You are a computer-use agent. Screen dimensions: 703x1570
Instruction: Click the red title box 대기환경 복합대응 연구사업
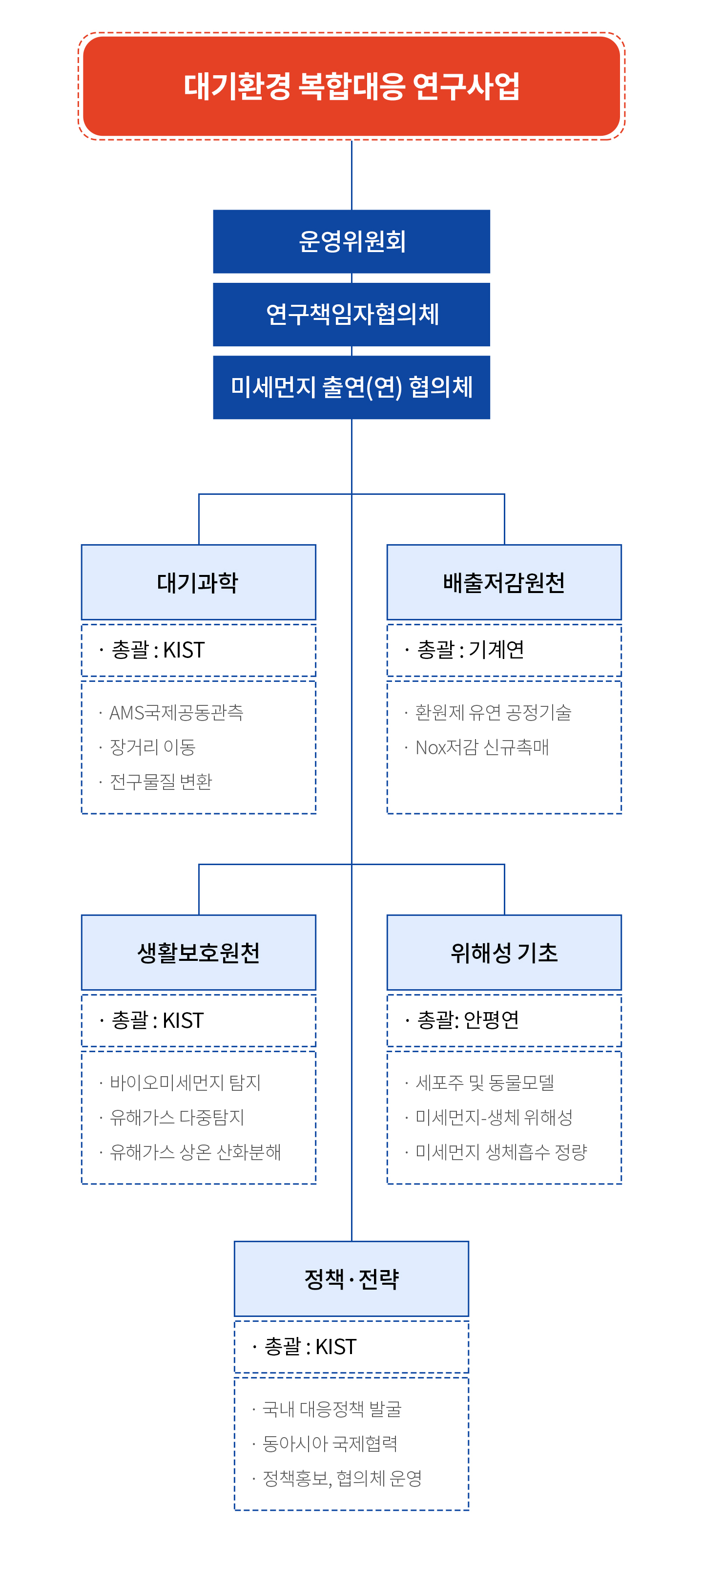[x=351, y=86]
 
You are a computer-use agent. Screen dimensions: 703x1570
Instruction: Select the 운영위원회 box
[x=351, y=241]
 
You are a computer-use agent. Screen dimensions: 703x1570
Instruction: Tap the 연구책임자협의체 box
[x=351, y=315]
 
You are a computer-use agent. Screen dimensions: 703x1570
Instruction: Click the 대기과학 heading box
[x=199, y=582]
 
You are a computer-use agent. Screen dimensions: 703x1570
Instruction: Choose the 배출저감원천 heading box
[x=504, y=582]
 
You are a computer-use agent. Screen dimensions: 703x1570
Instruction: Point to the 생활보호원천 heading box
[x=199, y=953]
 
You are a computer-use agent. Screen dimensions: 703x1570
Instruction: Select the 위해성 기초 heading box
[x=504, y=953]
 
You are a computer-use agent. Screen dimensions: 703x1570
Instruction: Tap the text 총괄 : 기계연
[x=470, y=650]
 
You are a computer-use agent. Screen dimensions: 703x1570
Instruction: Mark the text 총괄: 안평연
[x=468, y=1019]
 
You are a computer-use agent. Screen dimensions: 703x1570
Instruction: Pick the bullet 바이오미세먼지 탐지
[x=185, y=1083]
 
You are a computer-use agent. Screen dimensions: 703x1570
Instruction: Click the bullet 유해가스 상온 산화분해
[x=195, y=1152]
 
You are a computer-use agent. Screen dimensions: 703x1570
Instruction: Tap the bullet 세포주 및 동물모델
[x=485, y=1083]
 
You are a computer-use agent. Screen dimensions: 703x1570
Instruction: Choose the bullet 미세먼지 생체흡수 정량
[x=501, y=1152]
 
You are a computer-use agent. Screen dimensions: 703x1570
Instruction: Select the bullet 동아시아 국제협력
[x=330, y=1443]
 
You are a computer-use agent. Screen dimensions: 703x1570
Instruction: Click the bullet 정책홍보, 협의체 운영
[x=342, y=1478]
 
